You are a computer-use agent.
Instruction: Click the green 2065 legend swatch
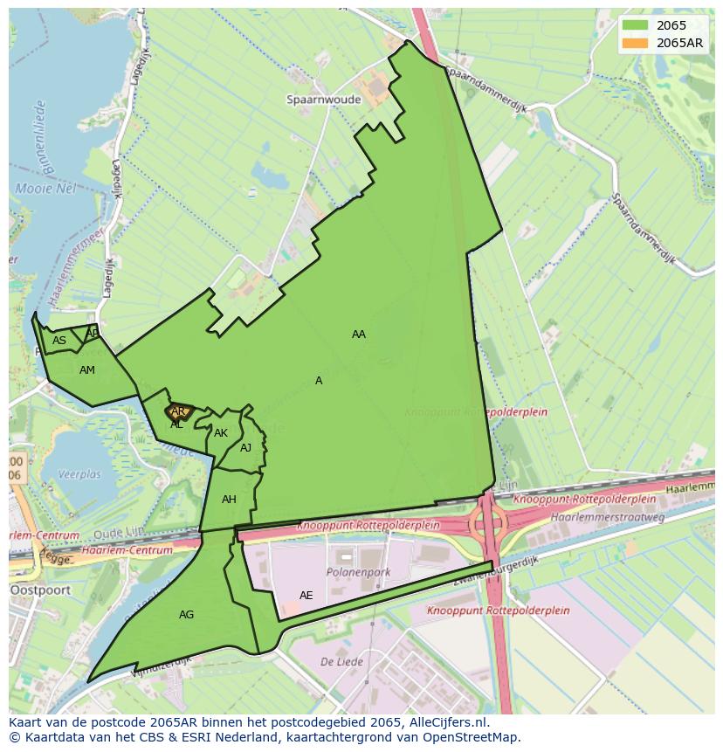637,26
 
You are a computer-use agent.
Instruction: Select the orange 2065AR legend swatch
637,44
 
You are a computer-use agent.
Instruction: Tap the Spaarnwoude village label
323,100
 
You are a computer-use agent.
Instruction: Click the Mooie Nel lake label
45,189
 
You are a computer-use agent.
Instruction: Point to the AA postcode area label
358,335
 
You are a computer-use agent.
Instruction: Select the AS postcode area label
59,341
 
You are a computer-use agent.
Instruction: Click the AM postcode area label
86,370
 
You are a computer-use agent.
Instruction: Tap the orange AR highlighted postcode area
178,411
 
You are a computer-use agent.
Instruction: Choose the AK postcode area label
221,433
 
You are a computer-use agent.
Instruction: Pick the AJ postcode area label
245,448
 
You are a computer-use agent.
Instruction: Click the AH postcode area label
229,500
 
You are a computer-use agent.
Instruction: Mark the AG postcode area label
186,615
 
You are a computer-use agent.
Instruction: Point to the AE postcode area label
306,596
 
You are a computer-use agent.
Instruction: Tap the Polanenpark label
358,573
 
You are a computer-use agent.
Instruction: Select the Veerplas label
79,475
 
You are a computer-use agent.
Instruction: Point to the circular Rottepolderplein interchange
488,522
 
